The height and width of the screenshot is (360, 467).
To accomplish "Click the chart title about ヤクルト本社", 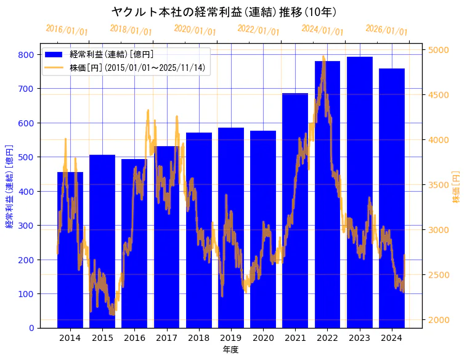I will (x=224, y=12).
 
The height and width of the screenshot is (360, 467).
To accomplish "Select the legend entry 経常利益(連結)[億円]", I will (x=111, y=55).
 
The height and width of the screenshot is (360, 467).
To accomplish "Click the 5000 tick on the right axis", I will (x=439, y=50).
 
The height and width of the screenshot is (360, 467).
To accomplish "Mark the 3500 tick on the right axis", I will (x=439, y=185).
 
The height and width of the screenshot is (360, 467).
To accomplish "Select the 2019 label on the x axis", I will (x=231, y=338).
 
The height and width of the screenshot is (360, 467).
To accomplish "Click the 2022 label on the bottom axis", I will (x=327, y=338).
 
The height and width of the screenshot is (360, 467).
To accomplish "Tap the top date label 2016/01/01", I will (x=67, y=31).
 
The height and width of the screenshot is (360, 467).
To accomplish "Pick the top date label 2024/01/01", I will (x=322, y=30).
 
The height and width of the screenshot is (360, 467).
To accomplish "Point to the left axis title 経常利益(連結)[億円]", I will (x=9, y=186).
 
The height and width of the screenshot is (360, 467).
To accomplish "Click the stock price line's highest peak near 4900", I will (x=323, y=57).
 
